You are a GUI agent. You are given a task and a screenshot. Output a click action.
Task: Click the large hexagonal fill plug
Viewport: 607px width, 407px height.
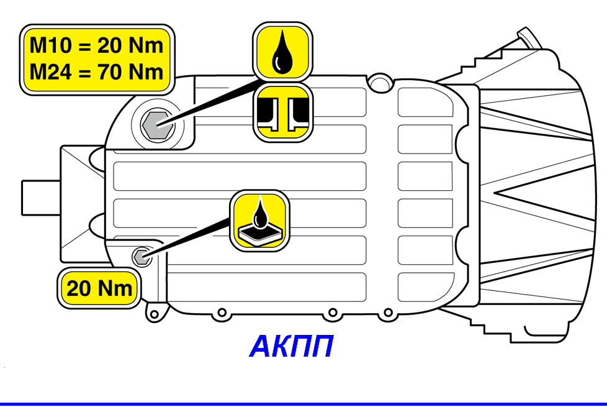click(x=157, y=125)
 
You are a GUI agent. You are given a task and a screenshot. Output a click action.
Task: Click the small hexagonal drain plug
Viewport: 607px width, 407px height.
click(x=142, y=257)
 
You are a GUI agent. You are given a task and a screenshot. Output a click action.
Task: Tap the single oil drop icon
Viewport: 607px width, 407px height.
click(x=282, y=52)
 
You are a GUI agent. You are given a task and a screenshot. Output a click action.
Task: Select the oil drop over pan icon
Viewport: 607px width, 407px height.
click(x=260, y=221)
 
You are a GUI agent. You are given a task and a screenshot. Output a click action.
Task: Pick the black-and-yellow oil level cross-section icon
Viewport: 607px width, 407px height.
click(x=283, y=112)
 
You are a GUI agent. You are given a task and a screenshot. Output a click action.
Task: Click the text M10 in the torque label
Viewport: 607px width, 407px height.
click(x=51, y=45)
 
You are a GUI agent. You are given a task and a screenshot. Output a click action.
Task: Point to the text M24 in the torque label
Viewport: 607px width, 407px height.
click(x=51, y=72)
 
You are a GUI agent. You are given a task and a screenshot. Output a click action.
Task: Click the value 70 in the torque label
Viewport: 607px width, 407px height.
click(x=110, y=72)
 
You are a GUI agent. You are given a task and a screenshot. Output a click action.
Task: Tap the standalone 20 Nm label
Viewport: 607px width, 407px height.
click(x=99, y=288)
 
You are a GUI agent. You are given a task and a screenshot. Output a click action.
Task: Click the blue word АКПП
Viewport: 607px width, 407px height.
click(x=292, y=346)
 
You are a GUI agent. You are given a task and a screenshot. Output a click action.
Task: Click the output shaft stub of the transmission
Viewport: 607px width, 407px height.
click(x=40, y=198)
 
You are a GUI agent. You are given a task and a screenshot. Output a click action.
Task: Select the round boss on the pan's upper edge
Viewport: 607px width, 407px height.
click(x=380, y=83)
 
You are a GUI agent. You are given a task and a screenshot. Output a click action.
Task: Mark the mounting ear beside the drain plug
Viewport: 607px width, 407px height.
click(x=156, y=313)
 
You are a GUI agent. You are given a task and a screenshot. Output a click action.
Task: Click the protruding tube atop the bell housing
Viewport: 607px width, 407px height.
click(x=528, y=38)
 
